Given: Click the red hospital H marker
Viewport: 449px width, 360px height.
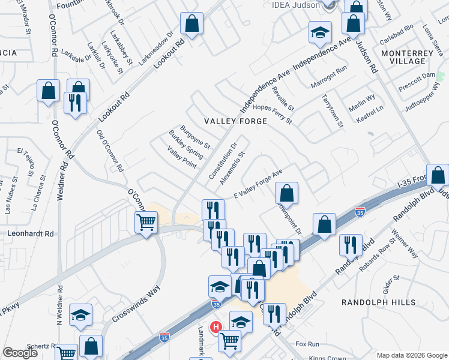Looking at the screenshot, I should pos(214,327).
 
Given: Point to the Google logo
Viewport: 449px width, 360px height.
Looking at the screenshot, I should pos(20,353).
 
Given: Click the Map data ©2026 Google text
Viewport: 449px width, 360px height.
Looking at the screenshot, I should pos(411,355).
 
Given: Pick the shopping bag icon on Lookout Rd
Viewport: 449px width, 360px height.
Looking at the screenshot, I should pos(191,25).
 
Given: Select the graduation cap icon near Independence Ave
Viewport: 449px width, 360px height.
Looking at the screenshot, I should pos(321,32).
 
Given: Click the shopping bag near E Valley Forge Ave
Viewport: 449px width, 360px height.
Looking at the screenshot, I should pos(288,193).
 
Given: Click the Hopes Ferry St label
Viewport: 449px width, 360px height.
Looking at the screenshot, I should pos(272,113).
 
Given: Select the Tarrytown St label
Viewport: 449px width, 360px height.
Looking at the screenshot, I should pos(331,110).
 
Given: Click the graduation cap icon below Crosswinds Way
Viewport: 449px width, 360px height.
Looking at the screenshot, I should pos(80,316).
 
